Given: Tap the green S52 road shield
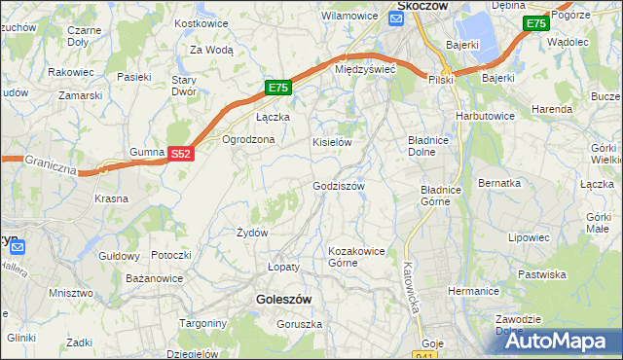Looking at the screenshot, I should tap(180, 154).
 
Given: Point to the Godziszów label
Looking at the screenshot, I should tap(339, 186).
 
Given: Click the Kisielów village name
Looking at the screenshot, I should tap(331, 142).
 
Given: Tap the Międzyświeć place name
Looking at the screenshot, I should tap(364, 70).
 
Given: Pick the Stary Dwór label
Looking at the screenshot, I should tap(184, 86).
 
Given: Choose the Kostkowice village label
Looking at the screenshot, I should tap(201, 22).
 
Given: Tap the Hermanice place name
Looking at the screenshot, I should tap(473, 291).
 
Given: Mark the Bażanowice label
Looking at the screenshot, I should tap(155, 278).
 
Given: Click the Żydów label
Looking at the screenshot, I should tap(252, 233).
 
